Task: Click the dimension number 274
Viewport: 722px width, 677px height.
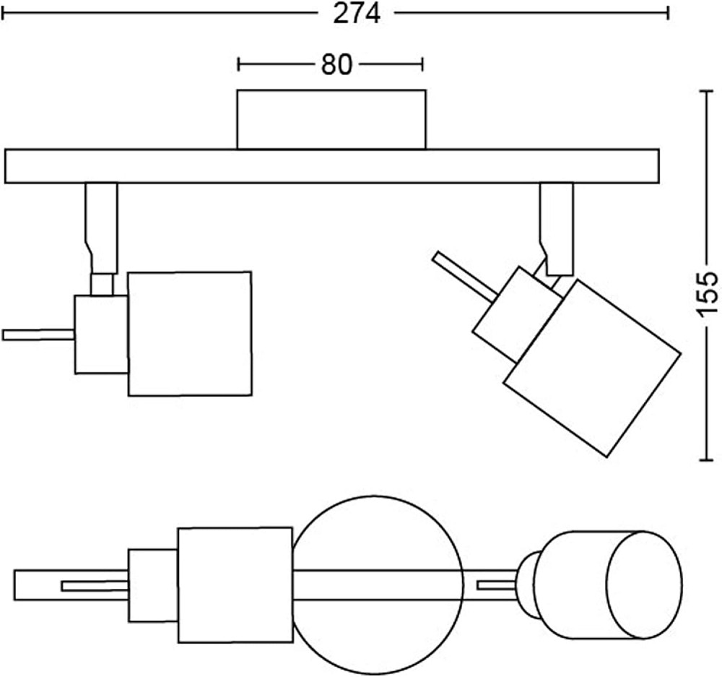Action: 356,14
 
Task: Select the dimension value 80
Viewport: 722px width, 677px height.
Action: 336,65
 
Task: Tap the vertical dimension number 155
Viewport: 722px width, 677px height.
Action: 707,293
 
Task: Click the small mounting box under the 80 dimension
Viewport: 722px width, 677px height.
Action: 331,119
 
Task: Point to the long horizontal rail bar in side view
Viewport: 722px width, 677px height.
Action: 331,166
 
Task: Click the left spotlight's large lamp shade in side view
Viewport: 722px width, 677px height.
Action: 189,333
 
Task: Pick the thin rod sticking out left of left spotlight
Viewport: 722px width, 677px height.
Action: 38,335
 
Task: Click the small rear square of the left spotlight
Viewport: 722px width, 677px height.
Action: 101,334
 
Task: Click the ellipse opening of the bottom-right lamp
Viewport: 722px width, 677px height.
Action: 643,585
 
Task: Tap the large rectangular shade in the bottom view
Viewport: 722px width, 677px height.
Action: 235,585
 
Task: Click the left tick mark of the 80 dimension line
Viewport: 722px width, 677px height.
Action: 239,65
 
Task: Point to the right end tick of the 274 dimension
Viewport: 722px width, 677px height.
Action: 669,13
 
